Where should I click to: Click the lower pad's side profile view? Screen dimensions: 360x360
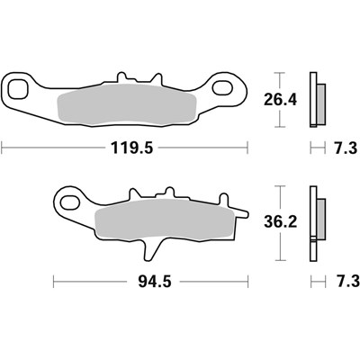[x=315, y=225]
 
